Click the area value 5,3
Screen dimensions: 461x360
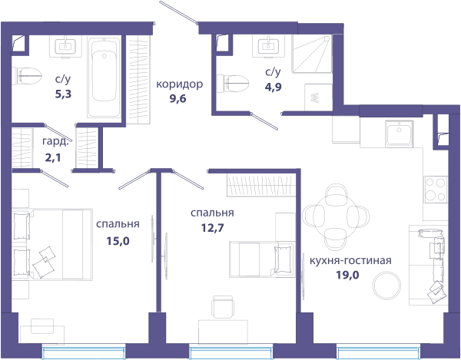(63, 94)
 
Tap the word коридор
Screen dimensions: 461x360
(179, 84)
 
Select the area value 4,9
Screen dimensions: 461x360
(273, 87)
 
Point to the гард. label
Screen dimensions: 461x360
(55, 141)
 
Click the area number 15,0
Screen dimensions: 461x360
(118, 241)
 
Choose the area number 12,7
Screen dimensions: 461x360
(212, 227)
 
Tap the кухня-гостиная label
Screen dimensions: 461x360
(350, 260)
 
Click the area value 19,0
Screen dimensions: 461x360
(347, 275)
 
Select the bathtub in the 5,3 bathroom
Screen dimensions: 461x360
(104, 78)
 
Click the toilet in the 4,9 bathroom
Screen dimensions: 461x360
(233, 83)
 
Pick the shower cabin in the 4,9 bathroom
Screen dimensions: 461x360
(312, 54)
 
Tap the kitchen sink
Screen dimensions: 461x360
(399, 134)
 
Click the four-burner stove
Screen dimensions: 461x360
(436, 190)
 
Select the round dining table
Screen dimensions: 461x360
(337, 217)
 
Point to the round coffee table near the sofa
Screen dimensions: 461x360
(386, 286)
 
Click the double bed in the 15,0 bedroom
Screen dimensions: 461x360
(51, 244)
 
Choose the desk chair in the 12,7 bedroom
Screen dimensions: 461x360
(223, 306)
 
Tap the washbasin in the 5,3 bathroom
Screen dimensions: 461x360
(65, 46)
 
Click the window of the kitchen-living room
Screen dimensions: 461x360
(378, 352)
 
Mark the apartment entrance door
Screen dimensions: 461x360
(178, 12)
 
